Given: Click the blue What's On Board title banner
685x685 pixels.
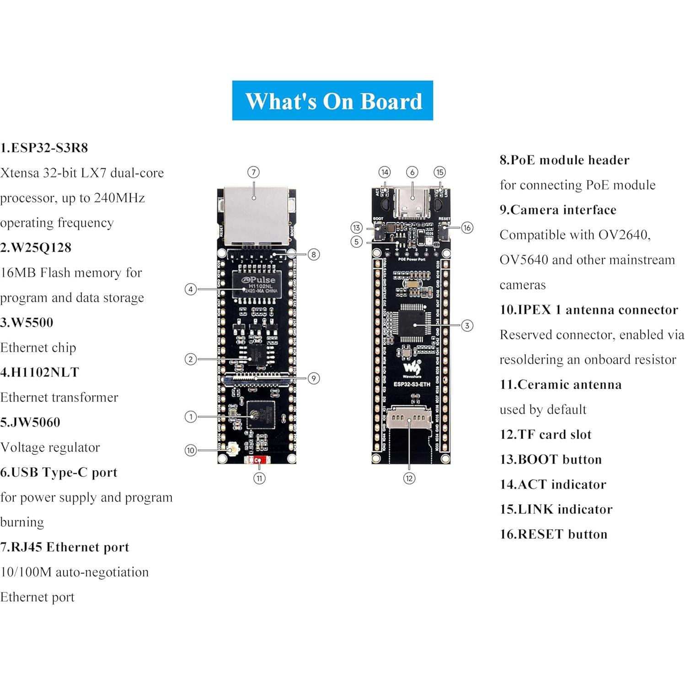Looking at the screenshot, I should (x=332, y=101).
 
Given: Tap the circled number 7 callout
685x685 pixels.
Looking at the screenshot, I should (x=253, y=172).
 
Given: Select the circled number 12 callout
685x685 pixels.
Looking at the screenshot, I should (x=409, y=478).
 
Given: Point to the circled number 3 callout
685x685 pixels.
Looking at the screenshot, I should (x=467, y=326).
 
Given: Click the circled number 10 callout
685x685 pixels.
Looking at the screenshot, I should (x=191, y=450).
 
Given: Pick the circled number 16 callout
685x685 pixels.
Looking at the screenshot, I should (x=467, y=228).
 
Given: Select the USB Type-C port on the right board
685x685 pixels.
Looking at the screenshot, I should (x=412, y=201).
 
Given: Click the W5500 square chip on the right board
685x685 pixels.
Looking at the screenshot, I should (x=414, y=326).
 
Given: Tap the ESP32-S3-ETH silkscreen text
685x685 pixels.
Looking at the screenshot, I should (x=412, y=384).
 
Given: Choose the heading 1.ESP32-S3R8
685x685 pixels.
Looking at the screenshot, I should (x=44, y=148).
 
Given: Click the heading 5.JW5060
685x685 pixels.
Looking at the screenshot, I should (x=30, y=422).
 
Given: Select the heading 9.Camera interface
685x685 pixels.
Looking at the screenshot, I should (x=558, y=210).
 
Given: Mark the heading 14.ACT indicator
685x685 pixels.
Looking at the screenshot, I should (x=553, y=484).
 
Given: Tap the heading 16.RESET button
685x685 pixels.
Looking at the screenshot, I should (x=553, y=534).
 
